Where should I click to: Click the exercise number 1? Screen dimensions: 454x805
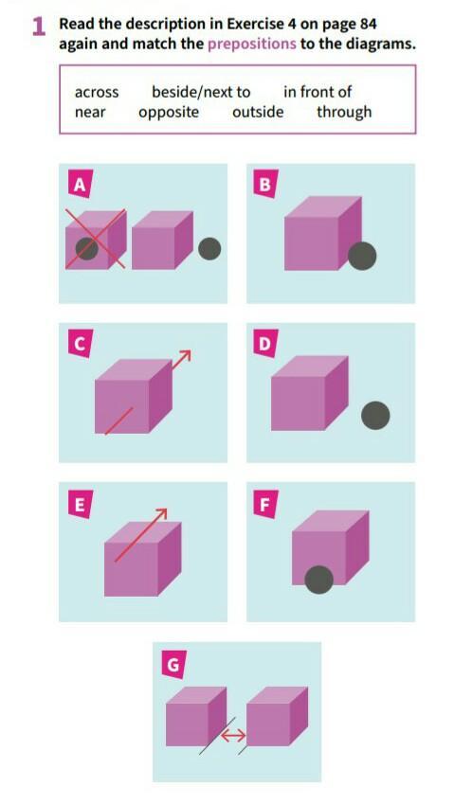(x=39, y=27)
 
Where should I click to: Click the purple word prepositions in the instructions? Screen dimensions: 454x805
(x=252, y=44)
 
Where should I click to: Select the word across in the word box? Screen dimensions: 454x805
(x=97, y=93)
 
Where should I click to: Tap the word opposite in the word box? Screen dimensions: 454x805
(x=169, y=113)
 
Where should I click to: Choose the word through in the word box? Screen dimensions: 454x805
(x=344, y=112)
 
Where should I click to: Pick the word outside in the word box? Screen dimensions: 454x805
(x=257, y=112)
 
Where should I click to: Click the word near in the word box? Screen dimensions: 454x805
(x=90, y=113)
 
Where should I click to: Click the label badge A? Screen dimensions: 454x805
(x=80, y=185)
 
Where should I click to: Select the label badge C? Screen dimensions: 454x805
(x=80, y=344)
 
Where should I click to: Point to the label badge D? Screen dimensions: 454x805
(x=265, y=343)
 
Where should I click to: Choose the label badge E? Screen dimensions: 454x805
(x=80, y=504)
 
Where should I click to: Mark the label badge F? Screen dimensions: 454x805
(x=265, y=504)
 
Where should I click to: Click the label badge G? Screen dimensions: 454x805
(x=173, y=664)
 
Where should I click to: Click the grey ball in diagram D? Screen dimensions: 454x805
(x=375, y=416)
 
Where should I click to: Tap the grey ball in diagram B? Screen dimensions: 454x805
(x=362, y=257)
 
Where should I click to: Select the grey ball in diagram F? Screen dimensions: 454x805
(x=318, y=580)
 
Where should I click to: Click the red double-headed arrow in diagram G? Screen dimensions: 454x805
(x=233, y=736)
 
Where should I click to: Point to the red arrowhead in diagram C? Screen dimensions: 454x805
(x=186, y=356)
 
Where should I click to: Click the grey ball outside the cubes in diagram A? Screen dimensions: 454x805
(x=209, y=248)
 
